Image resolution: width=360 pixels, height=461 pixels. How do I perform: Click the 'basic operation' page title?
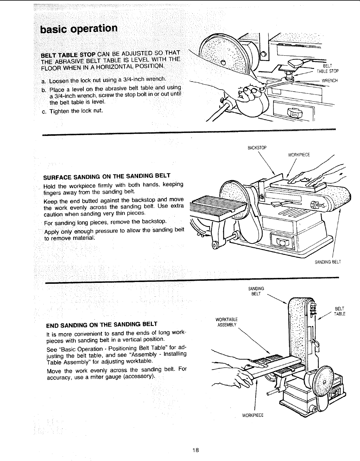(x=79, y=29)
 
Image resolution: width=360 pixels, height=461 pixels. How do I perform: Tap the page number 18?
(x=195, y=450)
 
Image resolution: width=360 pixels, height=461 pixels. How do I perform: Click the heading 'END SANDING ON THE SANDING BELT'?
(x=102, y=324)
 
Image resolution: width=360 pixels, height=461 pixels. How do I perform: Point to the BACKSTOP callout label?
(x=257, y=148)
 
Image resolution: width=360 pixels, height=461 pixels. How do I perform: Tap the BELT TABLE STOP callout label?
(x=327, y=69)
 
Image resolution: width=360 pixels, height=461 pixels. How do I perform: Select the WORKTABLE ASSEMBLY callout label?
(x=227, y=322)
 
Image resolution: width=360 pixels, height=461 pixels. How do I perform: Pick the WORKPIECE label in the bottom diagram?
(x=252, y=415)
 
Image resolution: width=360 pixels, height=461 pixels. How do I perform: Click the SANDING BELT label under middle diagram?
(x=328, y=262)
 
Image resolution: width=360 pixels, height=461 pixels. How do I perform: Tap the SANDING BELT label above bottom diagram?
(x=256, y=291)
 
